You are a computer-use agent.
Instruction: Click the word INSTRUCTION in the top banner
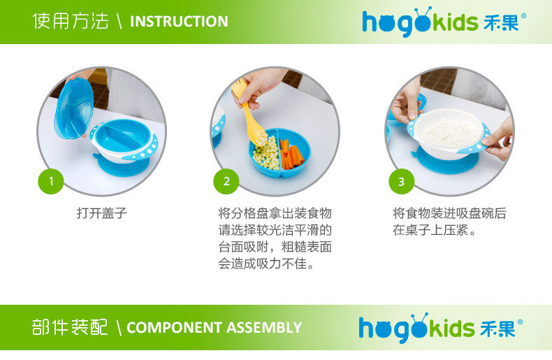coord(179,22)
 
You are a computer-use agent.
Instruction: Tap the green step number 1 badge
coord(51,181)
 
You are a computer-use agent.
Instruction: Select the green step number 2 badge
coord(226,181)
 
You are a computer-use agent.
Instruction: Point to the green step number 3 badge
coord(401,181)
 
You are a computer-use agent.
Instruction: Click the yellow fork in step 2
coord(250,113)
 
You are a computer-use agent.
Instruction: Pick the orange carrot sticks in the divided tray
coord(291,155)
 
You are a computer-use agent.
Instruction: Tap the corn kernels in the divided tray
coord(266,154)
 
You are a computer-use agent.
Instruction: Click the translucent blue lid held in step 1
coord(74,108)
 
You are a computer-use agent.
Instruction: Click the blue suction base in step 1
coord(122,166)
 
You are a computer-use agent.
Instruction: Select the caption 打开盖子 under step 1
coord(102,213)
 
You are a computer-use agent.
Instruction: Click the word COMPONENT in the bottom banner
coord(174,328)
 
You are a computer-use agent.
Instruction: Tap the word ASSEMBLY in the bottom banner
coord(264,328)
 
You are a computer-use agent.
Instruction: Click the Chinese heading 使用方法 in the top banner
coord(71,21)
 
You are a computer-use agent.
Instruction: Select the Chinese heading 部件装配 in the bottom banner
coord(69,327)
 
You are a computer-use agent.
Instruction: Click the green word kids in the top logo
coord(455,22)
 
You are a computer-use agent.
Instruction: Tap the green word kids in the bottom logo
coord(451,328)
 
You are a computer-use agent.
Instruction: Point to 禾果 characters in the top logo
coord(502,22)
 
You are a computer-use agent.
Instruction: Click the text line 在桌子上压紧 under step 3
coord(435,230)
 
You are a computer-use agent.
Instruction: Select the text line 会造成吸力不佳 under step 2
coord(266,264)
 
